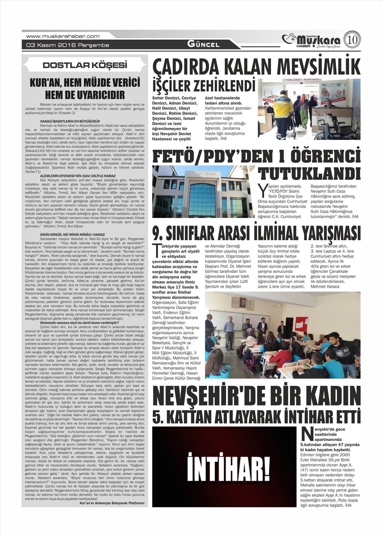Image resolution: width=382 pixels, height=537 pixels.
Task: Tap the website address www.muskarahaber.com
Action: tap(63, 36)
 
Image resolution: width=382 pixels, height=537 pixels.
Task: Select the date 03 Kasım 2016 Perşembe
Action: tap(67, 45)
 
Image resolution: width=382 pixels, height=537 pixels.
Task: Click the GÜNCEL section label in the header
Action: tap(203, 44)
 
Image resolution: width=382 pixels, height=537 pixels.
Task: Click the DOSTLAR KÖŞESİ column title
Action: tap(85, 65)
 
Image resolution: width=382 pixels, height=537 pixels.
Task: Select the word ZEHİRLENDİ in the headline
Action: tap(224, 86)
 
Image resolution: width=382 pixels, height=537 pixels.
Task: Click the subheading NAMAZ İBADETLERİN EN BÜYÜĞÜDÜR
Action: tap(70, 121)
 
